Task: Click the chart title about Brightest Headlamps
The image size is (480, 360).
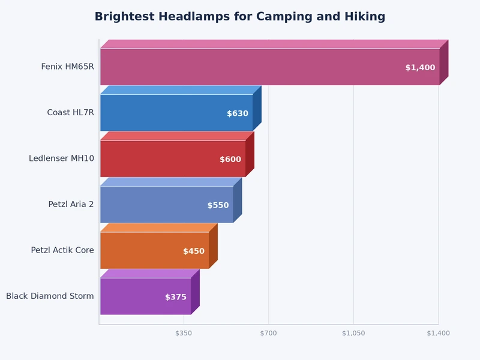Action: [240, 17]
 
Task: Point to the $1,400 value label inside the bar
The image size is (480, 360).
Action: [420, 68]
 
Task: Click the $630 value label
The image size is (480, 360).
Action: [238, 113]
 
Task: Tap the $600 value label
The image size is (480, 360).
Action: [230, 160]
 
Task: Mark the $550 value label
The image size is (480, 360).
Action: [218, 205]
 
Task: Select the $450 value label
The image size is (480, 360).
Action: [194, 251]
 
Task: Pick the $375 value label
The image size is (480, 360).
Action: [176, 297]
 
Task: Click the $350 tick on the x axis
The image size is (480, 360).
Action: [184, 333]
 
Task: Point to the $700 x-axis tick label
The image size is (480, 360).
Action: [268, 333]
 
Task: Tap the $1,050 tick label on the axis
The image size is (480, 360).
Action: [353, 333]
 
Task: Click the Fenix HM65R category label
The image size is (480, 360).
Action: [67, 67]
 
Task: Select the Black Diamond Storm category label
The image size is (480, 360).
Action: [50, 296]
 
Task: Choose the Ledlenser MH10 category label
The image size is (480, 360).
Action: [61, 158]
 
